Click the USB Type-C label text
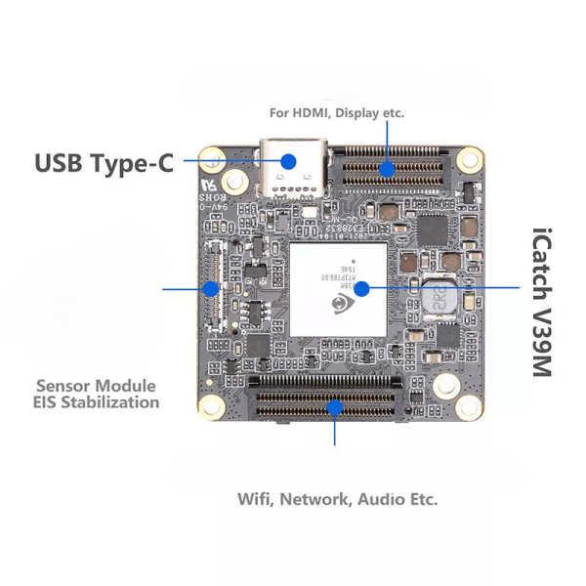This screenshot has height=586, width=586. tap(104, 162)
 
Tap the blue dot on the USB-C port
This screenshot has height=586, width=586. tap(289, 161)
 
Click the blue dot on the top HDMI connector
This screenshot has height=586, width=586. tap(387, 169)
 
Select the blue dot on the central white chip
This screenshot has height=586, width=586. tap(361, 288)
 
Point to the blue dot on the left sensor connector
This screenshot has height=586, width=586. tap(210, 288)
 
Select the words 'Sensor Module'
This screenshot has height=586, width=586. tap(97, 385)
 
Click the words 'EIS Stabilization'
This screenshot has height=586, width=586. tap(97, 401)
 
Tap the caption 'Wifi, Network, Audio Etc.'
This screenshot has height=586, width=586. tap(338, 499)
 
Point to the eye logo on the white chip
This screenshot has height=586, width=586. tap(339, 305)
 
